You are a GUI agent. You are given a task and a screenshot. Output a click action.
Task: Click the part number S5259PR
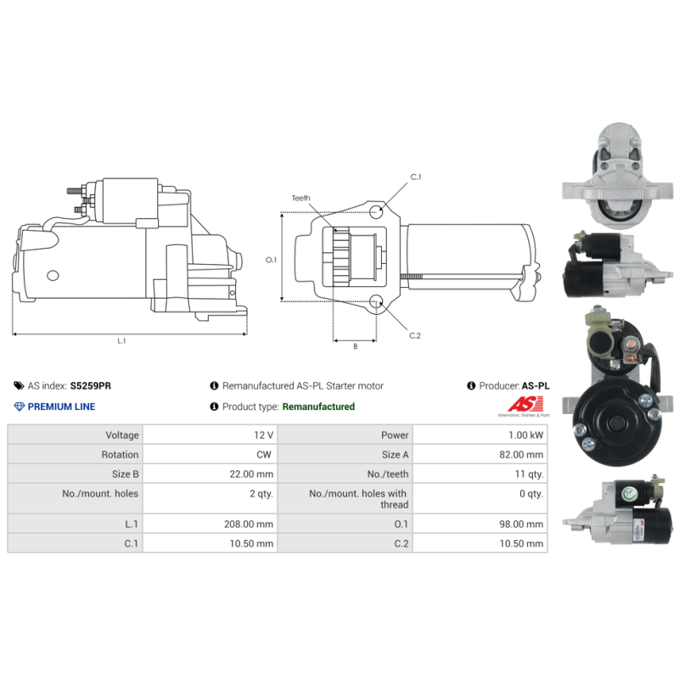91,385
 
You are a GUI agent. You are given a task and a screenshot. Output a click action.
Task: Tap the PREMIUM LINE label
61,407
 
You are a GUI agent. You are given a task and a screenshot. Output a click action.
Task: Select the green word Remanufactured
318,407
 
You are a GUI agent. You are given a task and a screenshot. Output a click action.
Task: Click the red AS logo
525,404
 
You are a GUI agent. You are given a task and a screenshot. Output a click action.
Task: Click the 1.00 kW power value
525,435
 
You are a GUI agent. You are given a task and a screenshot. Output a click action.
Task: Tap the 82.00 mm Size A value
521,454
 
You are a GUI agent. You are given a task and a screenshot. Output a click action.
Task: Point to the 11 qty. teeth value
529,474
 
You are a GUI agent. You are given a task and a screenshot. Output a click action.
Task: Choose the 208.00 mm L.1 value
249,524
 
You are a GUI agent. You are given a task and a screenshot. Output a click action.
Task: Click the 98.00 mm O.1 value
521,524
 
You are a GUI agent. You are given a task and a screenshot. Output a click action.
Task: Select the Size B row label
125,474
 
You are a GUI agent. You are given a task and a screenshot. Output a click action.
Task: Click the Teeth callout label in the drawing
301,198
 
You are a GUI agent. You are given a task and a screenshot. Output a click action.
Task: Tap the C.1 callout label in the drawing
416,177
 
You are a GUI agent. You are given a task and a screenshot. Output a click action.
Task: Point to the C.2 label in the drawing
415,335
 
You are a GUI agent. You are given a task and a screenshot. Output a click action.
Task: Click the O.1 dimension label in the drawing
271,260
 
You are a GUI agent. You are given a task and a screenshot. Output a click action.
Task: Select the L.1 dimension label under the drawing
121,341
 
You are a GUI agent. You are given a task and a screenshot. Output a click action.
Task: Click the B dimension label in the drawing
356,346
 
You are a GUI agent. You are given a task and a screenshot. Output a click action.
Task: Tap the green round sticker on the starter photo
628,493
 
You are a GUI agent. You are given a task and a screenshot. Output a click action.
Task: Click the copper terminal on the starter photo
630,345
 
